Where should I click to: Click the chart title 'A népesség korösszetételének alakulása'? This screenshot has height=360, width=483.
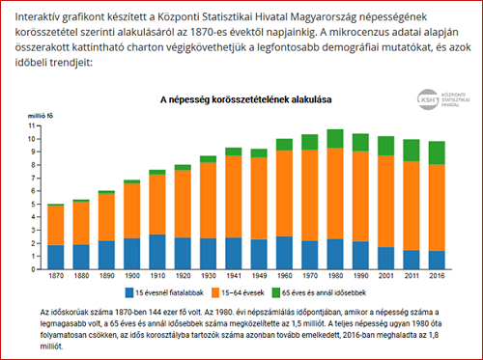(x=246, y=99)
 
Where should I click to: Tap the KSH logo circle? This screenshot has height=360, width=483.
(x=428, y=99)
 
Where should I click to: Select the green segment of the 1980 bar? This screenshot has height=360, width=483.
(x=335, y=139)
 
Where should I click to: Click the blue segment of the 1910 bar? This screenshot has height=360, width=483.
(x=157, y=252)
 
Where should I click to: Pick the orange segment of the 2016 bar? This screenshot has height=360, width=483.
(x=437, y=208)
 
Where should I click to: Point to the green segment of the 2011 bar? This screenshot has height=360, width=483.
(x=412, y=151)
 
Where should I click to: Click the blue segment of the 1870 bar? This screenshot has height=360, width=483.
(x=56, y=258)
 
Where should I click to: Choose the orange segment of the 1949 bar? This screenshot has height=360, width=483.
(x=259, y=199)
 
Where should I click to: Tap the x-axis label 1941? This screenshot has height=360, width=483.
(x=234, y=276)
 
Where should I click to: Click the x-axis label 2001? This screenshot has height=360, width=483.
(x=386, y=276)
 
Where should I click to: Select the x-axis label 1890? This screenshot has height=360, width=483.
(x=106, y=276)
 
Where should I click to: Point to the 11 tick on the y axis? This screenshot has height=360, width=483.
(x=32, y=125)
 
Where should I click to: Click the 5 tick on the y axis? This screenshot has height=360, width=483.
(x=33, y=205)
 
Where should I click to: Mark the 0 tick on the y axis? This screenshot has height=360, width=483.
(x=33, y=269)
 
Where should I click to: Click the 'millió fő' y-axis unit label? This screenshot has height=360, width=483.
(x=41, y=116)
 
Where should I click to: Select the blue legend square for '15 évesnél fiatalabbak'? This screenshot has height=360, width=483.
(x=129, y=292)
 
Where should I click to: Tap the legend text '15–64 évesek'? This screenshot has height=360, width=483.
(x=242, y=292)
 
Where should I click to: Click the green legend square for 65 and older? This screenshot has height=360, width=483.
(x=276, y=292)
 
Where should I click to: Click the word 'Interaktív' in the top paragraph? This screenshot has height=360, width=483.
(x=37, y=16)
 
